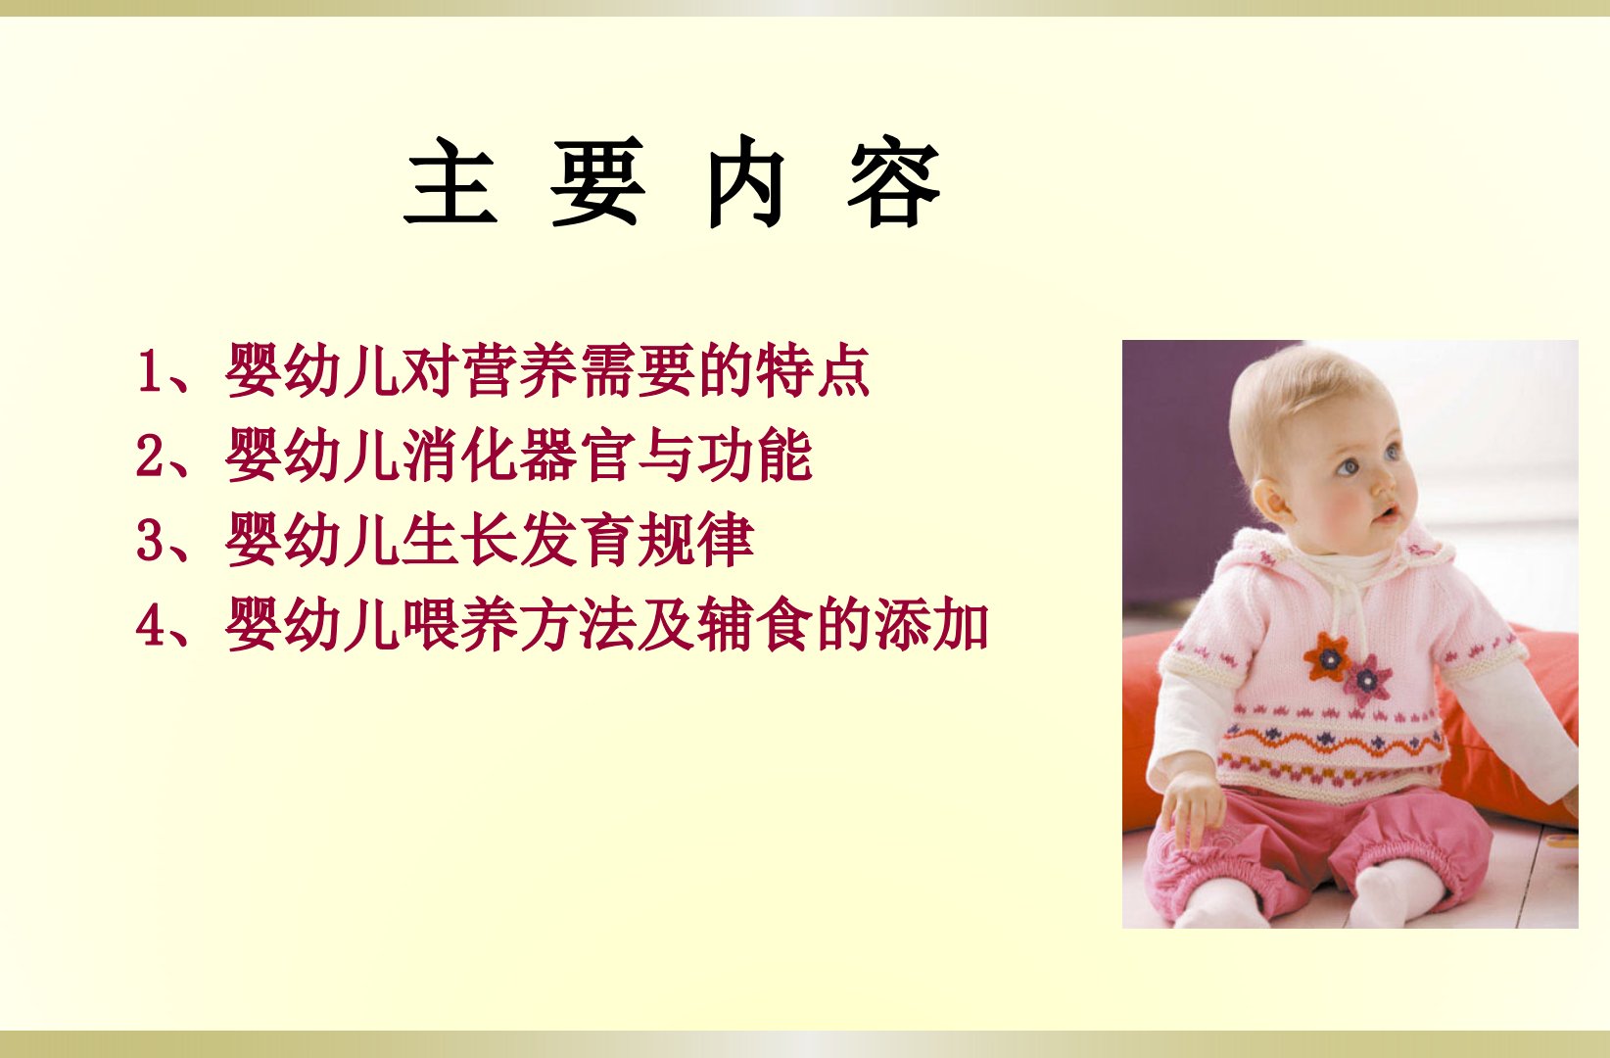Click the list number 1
[150, 371]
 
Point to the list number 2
[150, 455]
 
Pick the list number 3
[150, 540]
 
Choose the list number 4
[150, 625]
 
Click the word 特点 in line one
[813, 371]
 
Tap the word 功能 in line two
[755, 455]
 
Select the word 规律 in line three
[695, 540]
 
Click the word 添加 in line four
[931, 625]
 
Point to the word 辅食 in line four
[755, 625]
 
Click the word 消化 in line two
[460, 455]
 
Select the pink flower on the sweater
[1367, 679]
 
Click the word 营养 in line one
[519, 371]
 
